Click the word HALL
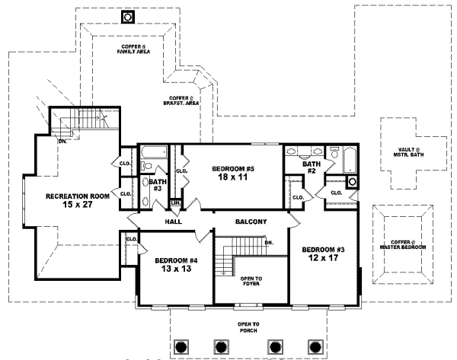tap(174, 221)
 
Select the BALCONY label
tap(249, 221)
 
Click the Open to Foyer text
tap(251, 282)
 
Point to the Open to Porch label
tap(248, 328)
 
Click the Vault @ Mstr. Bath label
tap(401, 155)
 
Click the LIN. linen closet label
tap(175, 202)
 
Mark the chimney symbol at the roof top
tap(126, 17)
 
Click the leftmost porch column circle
tap(181, 346)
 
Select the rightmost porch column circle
tap(315, 346)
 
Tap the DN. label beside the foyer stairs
tap(269, 243)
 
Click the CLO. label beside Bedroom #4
tap(130, 240)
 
